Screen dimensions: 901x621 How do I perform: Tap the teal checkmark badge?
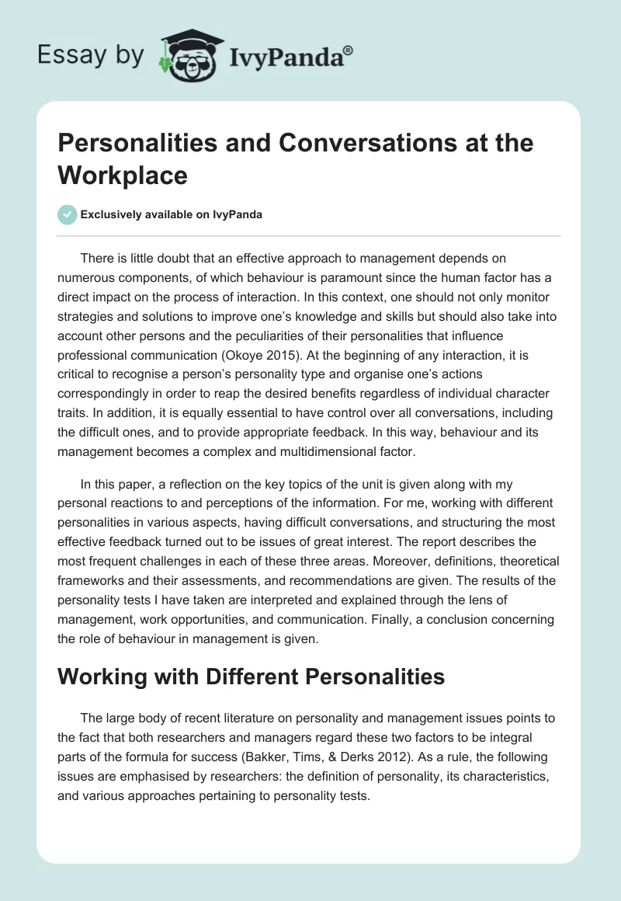(68, 214)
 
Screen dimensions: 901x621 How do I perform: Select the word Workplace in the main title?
(122, 175)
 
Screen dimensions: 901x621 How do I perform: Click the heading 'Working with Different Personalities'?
(252, 677)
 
